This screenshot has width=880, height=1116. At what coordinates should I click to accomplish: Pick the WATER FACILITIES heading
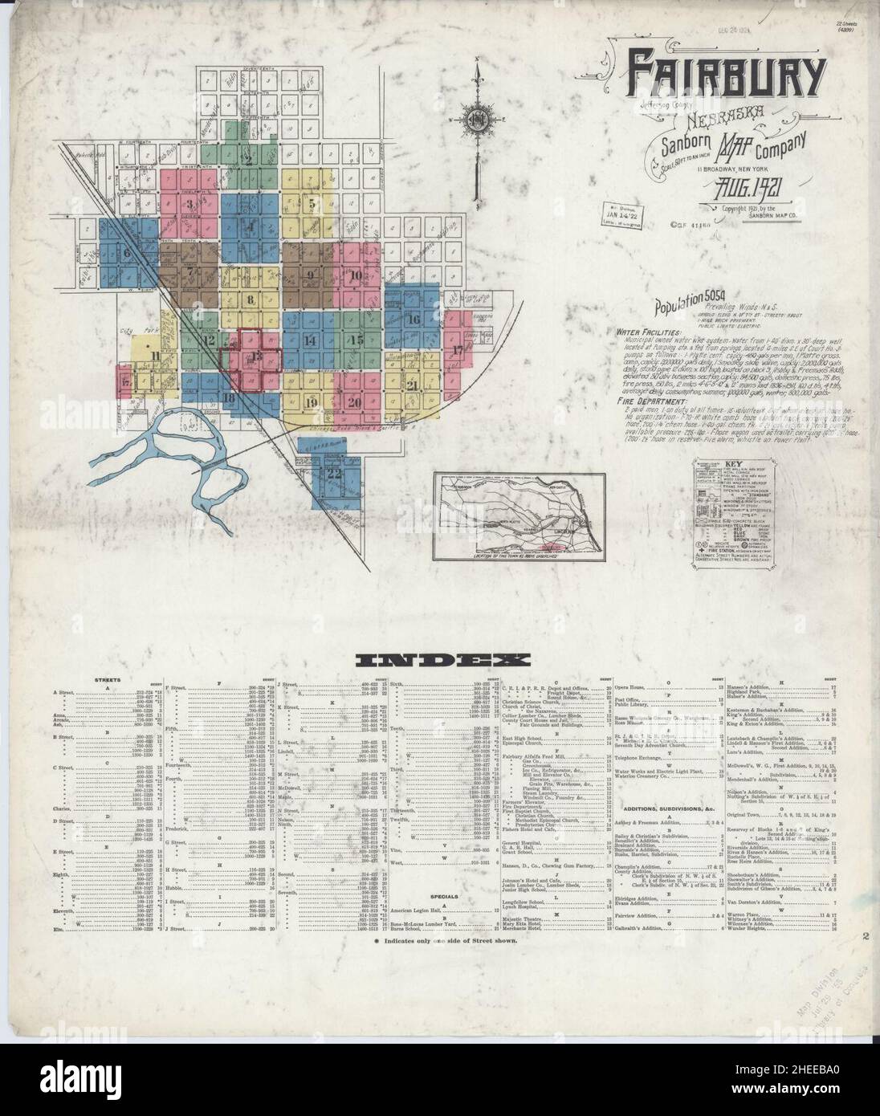coord(649,331)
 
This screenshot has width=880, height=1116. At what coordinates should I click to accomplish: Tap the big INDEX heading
coord(440,661)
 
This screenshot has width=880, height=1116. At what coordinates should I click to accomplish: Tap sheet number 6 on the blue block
coord(127,255)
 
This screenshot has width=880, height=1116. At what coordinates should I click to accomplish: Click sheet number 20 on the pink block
coord(354,402)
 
